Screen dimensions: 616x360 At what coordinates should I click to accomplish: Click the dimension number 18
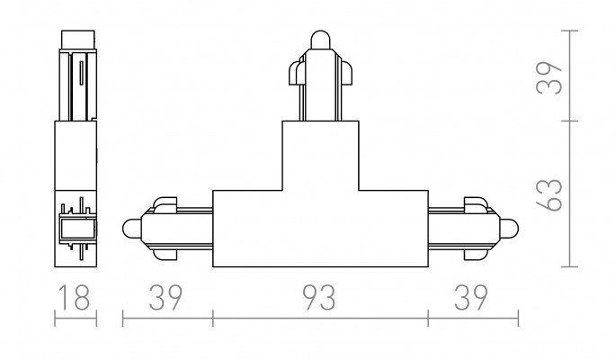[75, 298]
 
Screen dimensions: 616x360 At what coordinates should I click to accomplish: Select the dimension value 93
[319, 298]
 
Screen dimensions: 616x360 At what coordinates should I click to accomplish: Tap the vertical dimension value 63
[549, 194]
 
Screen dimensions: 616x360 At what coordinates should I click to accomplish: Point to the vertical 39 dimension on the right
[549, 77]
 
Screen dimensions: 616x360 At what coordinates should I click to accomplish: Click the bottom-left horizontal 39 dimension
[165, 298]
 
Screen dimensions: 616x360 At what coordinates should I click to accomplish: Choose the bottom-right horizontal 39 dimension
[471, 298]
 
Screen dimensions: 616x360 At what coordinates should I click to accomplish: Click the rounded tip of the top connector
[320, 40]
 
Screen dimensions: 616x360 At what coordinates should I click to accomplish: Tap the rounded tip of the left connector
[131, 229]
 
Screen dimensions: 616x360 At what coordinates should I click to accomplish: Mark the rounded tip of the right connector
[509, 229]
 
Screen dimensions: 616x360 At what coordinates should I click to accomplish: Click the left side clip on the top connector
[296, 73]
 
